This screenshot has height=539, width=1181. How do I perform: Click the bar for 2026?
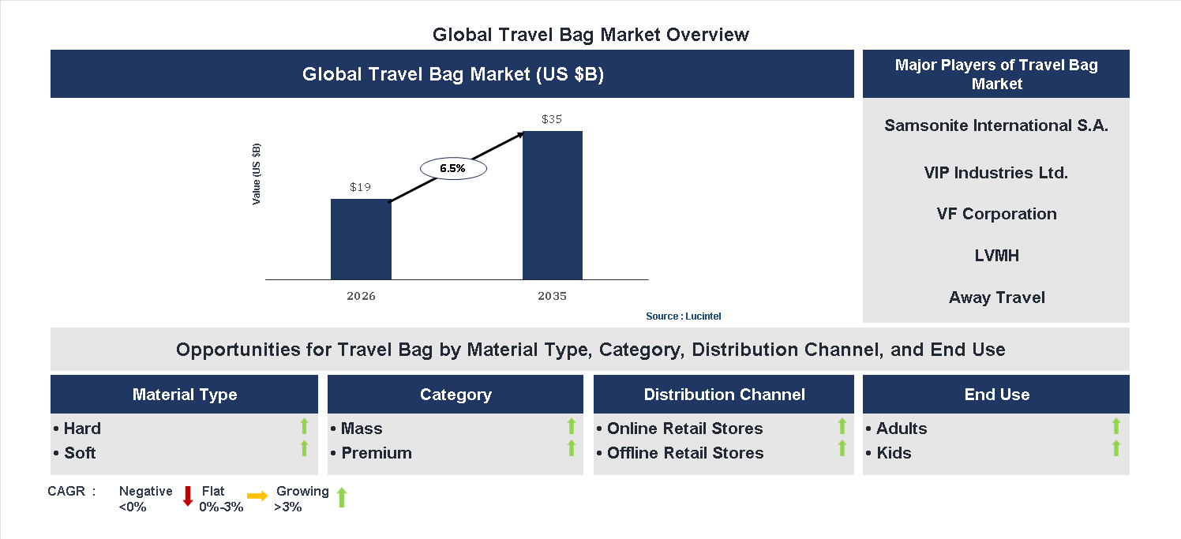(x=361, y=239)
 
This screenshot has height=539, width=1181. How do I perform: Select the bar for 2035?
(x=553, y=205)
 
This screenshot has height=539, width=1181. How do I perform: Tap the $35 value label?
(x=552, y=120)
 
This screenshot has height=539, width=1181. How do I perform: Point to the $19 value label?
(x=360, y=188)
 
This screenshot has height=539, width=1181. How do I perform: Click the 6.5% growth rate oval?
(x=452, y=168)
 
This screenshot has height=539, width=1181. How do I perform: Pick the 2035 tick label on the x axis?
(x=552, y=297)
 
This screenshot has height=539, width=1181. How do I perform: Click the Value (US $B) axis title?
(x=257, y=174)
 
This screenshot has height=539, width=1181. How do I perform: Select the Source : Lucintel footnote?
(x=683, y=316)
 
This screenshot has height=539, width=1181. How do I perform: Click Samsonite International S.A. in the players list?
(x=996, y=125)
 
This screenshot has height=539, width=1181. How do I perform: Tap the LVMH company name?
(x=996, y=256)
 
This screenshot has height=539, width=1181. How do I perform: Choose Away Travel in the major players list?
(x=996, y=298)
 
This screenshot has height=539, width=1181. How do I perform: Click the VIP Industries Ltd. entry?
(x=996, y=173)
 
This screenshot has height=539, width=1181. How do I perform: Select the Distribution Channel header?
(x=724, y=395)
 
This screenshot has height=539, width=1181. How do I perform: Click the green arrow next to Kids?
(x=1115, y=449)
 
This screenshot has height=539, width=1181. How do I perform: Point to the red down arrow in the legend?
(x=188, y=496)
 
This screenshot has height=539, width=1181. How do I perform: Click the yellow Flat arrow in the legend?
(x=257, y=496)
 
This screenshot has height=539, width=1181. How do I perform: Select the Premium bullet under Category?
(x=376, y=453)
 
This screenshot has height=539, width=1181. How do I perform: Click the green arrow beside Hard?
(x=304, y=427)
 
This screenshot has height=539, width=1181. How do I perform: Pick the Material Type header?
(x=185, y=395)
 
